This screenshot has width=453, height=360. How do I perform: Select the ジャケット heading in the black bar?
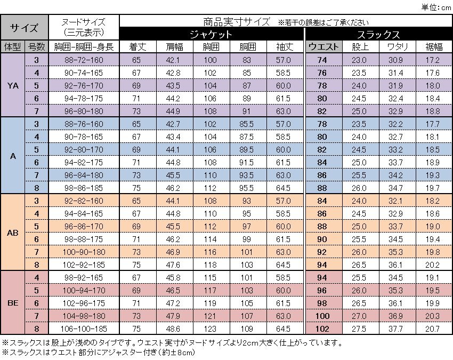point(212,34)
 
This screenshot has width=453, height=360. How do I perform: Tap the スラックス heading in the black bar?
point(378,34)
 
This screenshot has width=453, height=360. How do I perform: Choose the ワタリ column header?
point(394,47)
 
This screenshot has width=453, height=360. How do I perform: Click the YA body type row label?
point(13,85)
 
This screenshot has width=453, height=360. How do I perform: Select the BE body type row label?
point(13,303)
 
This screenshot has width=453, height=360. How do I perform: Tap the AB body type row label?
point(13,233)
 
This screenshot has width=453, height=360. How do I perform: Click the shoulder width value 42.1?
point(173,60)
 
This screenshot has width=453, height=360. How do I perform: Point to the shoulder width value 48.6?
point(173,329)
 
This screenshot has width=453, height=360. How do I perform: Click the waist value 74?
point(322,60)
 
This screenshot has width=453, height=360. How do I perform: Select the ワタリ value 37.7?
point(394,329)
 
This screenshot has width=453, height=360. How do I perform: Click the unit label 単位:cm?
point(435,6)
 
